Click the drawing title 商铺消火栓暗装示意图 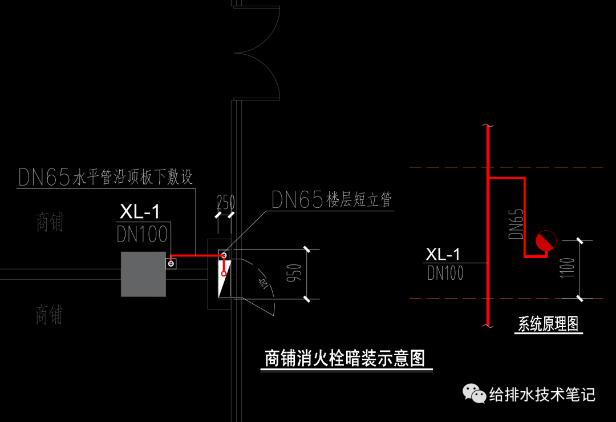345,359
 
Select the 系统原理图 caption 548,324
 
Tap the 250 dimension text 225,202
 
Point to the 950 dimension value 295,275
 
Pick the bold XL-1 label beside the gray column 140,212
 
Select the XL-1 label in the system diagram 443,254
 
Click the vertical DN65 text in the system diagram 515,223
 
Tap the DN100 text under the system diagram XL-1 445,274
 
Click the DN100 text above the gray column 142,234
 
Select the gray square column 143,274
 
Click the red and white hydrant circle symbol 545,241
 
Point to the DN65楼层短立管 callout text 331,200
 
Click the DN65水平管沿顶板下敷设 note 106,177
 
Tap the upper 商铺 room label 49,222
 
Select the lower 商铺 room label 49,315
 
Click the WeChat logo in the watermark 473,393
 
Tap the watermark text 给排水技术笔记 542,394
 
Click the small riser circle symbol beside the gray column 171,263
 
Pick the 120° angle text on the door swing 264,284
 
